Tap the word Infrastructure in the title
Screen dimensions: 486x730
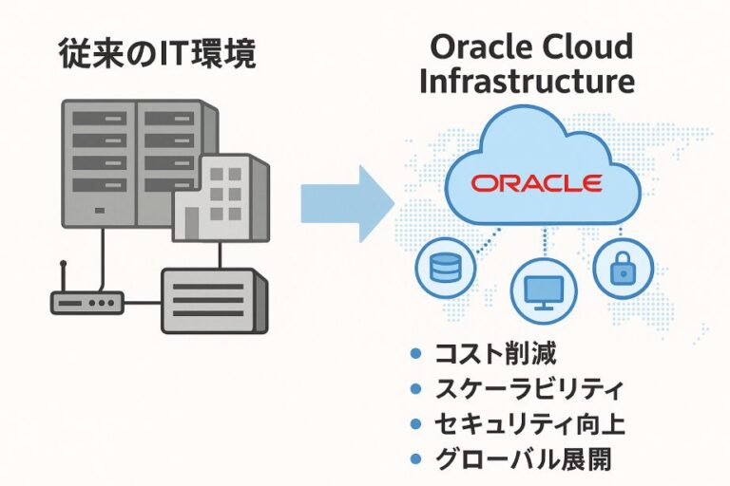527,81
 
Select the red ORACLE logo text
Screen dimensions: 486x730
536,183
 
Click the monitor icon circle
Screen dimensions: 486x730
545,290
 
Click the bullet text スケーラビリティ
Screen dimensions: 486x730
529,389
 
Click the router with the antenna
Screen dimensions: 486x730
87,303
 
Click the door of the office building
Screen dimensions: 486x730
193,223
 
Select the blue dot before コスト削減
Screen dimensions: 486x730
414,355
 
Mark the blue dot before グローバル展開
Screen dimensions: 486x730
414,459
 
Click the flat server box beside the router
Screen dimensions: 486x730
209,300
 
